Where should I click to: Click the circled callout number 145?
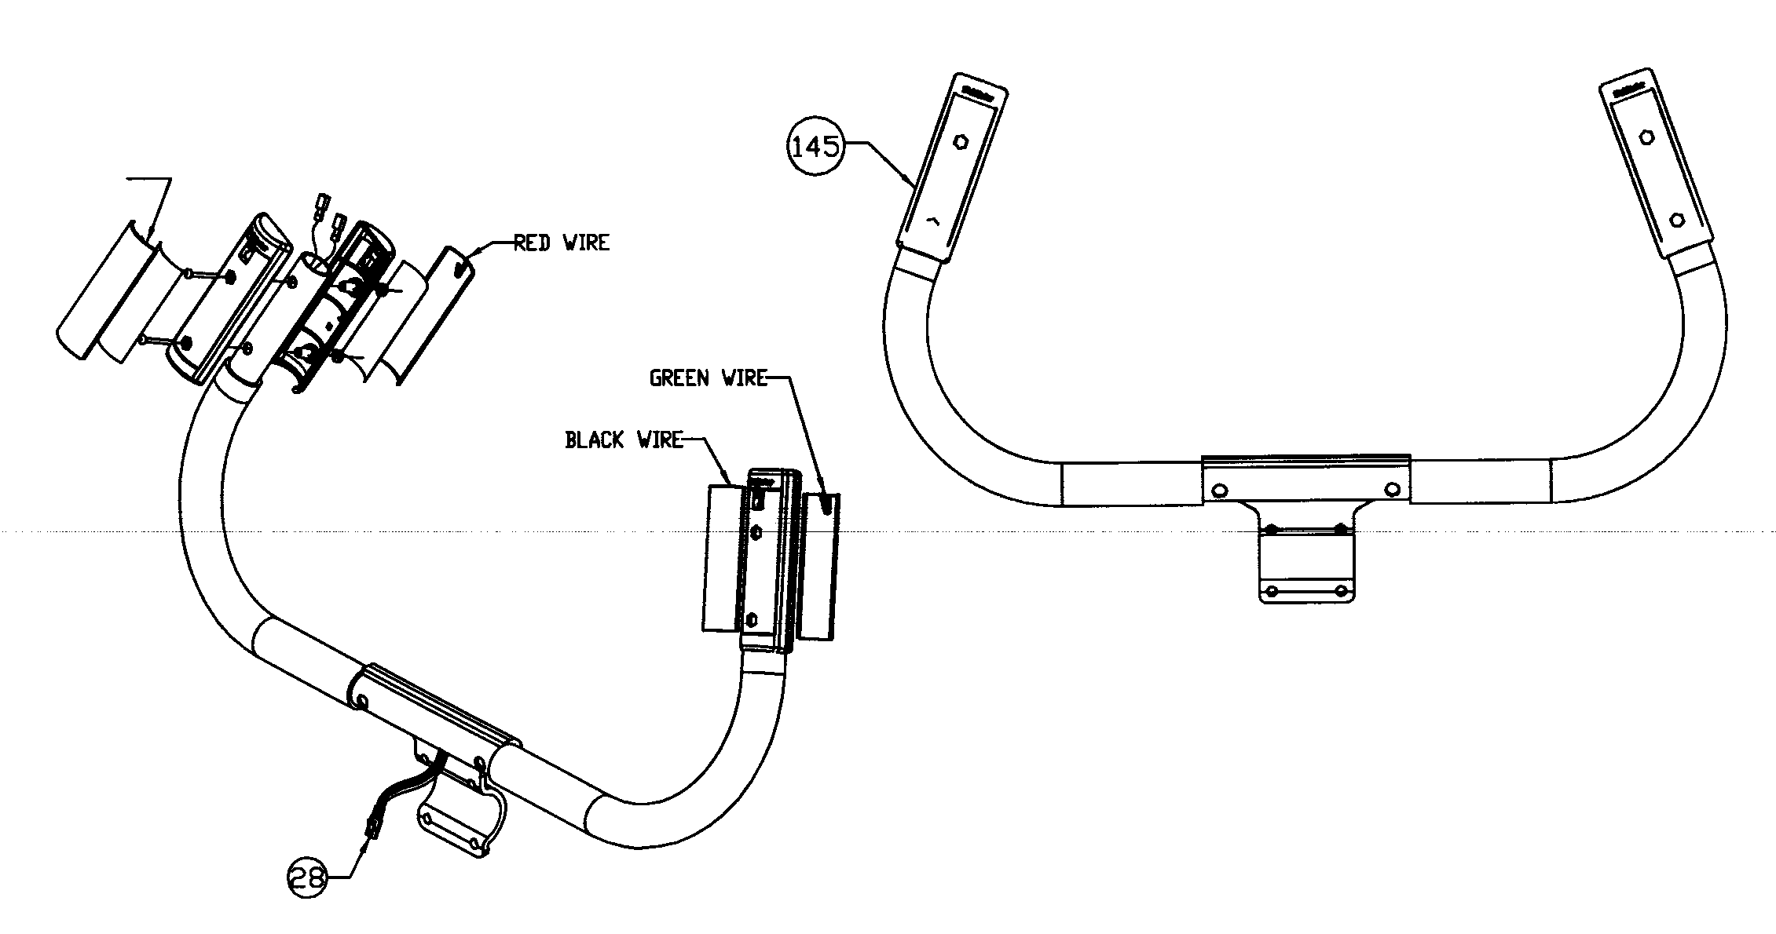pos(815,147)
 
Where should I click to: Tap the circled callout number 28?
pos(307,877)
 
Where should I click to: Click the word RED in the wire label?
pos(532,243)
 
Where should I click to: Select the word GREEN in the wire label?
pos(679,378)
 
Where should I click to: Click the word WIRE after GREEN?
pos(744,378)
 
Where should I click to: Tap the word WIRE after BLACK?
pos(660,440)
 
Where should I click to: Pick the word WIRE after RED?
pos(586,243)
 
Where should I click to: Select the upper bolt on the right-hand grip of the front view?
pos(1647,137)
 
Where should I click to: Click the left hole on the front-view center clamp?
pos(1220,491)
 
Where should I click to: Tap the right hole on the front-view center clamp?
pos(1392,490)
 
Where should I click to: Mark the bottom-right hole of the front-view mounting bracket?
pos(1341,590)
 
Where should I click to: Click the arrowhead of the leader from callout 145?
pos(911,185)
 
